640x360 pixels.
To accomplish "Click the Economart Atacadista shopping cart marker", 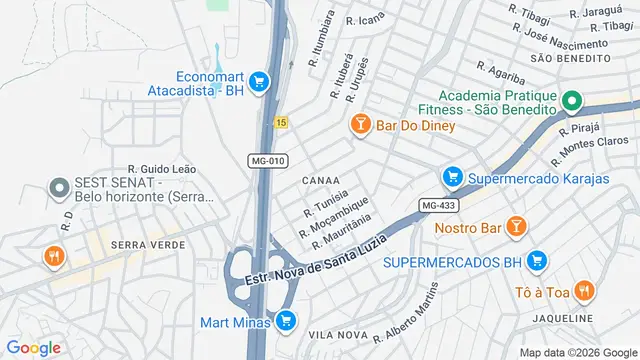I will pos(259,81).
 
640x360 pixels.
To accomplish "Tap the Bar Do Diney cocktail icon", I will pos(359,125).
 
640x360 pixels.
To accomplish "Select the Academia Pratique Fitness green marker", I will pos(571,100).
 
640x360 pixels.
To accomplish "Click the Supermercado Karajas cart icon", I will pos(452,178).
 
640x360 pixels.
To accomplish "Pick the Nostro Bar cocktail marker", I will pos(515,227).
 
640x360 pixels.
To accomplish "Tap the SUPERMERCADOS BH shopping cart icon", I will pos(537,261).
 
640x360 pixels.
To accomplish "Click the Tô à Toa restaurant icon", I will pos(585,291).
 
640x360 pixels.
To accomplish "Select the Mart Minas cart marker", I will pos(287,321).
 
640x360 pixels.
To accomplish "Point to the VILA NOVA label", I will pos(334,334).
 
